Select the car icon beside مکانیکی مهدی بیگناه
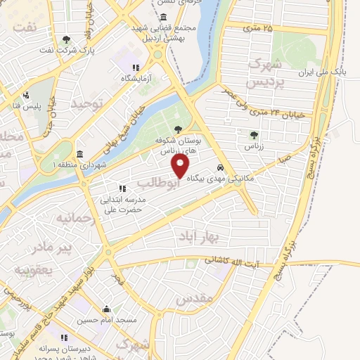221,169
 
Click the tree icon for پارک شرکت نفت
66,40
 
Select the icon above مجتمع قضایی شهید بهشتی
164,17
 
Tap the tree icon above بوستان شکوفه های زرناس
177,129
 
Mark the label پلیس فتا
25,105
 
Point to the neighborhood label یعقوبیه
35,269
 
